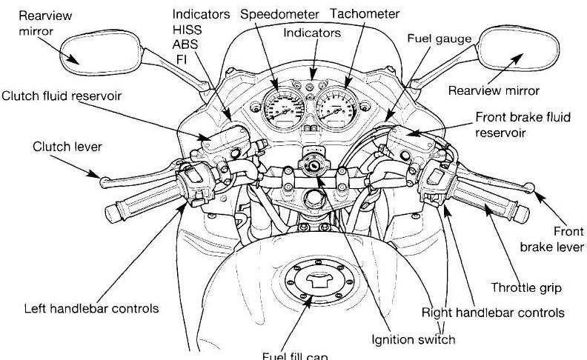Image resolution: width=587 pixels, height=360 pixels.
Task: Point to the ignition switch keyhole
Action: (x=314, y=167)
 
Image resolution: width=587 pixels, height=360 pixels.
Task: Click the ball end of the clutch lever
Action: (x=105, y=176)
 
